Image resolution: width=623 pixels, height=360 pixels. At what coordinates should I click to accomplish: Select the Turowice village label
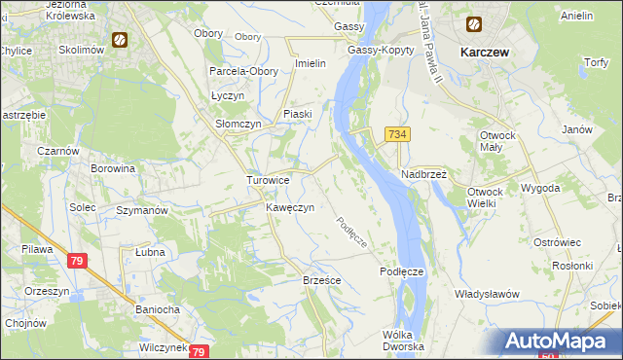pos(267,181)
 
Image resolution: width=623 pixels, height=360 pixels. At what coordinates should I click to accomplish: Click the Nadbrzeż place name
pos(423,174)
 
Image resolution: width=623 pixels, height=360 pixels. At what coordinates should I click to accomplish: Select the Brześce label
pos(321,279)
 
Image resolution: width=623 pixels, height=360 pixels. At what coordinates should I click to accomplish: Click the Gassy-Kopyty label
pos(374,50)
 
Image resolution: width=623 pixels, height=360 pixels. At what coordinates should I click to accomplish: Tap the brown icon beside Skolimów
pos(120,41)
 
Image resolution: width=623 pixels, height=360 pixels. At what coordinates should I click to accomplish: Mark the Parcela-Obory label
pos(238,71)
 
